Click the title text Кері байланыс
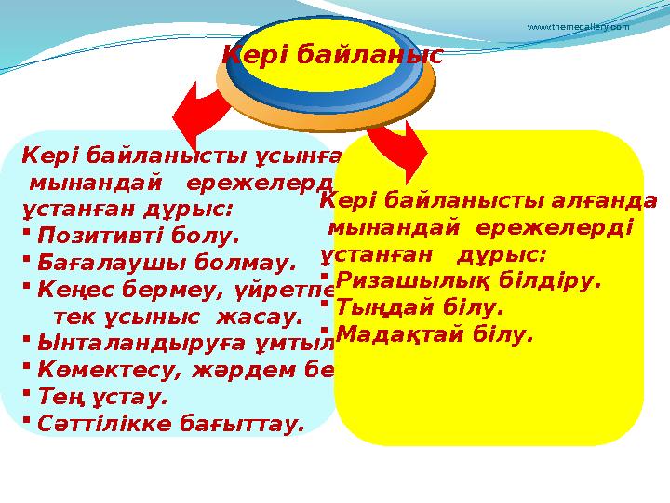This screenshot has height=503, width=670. tap(331, 56)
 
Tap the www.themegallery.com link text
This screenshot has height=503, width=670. tap(578, 27)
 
